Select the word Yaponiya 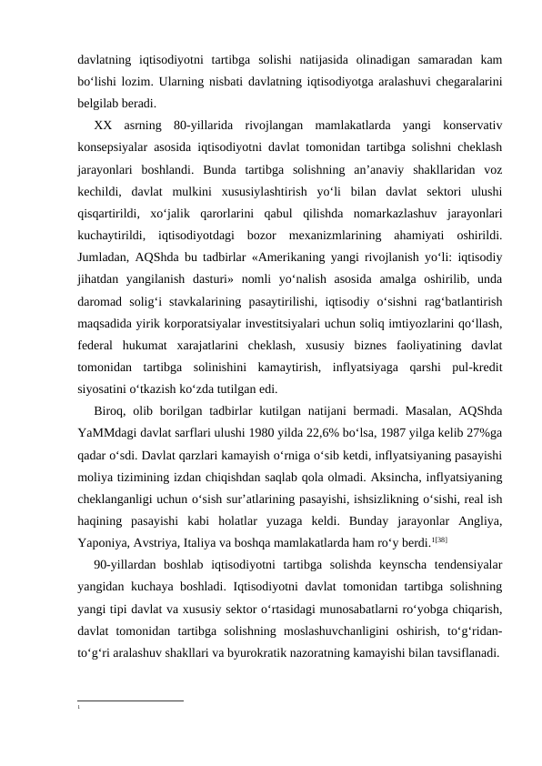pyautogui.click(x=103, y=540)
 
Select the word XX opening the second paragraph pyautogui.click(x=104, y=125)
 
